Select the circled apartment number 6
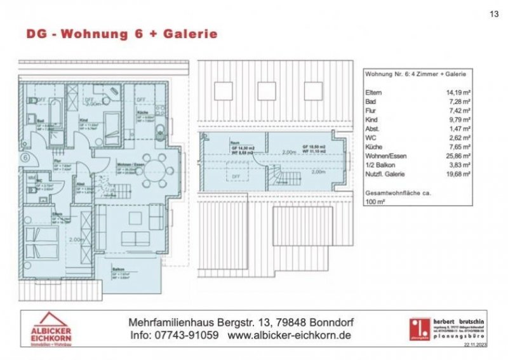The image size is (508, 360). click(25, 156)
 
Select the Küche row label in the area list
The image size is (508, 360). click(375, 145)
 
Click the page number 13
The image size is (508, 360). click(495, 13)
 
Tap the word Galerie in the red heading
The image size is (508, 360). click(189, 34)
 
